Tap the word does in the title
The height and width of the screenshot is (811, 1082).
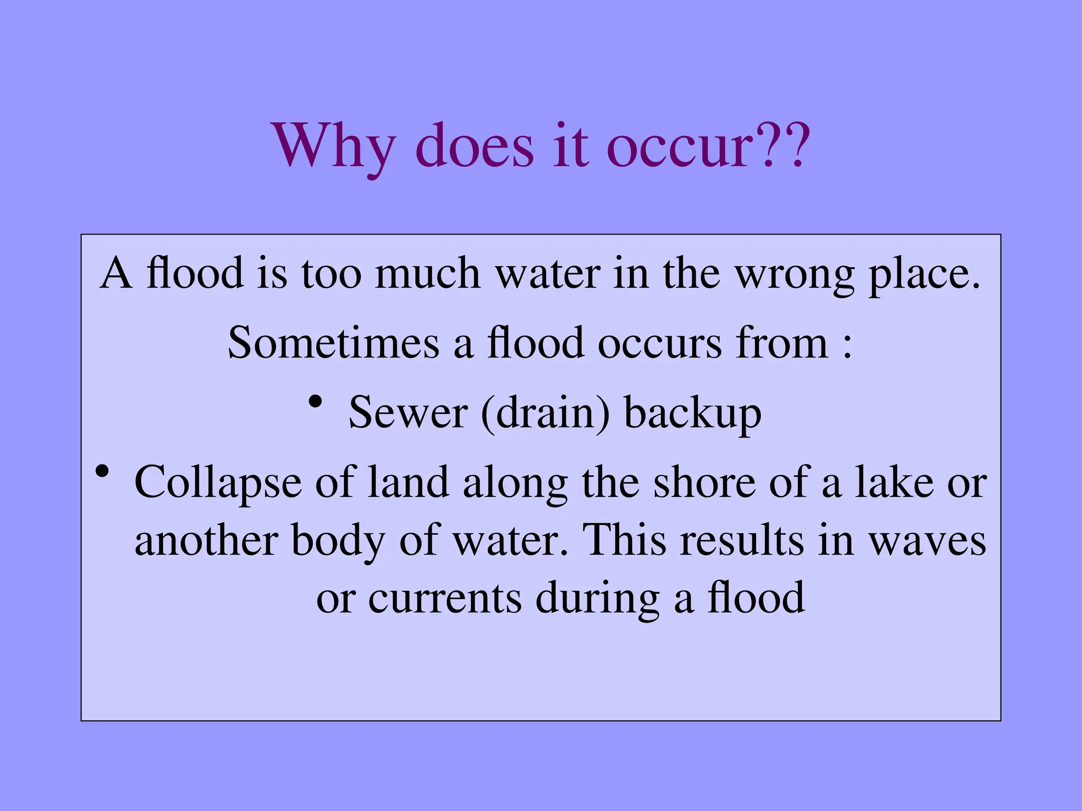(475, 145)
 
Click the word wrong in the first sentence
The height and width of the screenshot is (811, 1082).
(795, 275)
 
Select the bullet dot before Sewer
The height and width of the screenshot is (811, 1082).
(315, 402)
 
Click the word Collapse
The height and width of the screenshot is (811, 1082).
(218, 483)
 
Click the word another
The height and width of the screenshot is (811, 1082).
(206, 541)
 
